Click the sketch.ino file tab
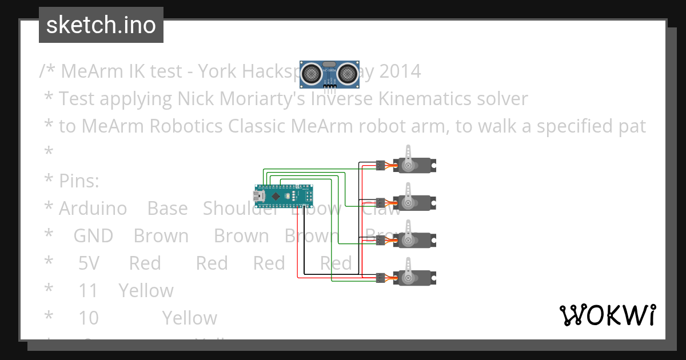101,25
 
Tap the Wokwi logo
607,315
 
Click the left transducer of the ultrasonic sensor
312,73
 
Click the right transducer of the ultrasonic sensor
348,73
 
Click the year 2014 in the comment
400,71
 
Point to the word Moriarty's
261,99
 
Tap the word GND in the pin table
93,236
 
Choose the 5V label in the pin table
89,263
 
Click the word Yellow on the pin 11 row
146,291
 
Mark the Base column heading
167,209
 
